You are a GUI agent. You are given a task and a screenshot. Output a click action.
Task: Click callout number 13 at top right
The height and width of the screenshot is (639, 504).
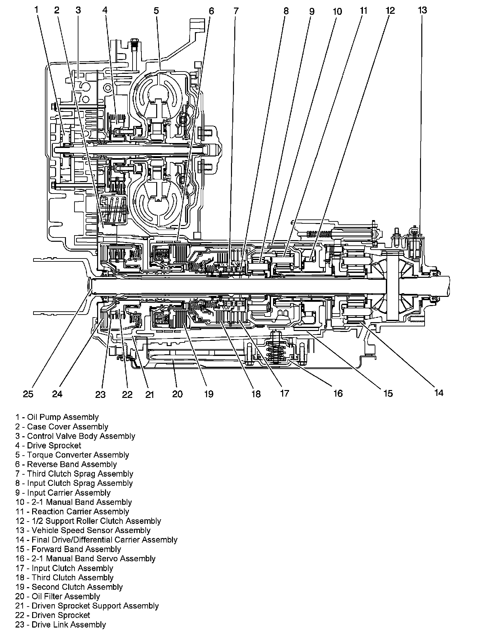point(422,10)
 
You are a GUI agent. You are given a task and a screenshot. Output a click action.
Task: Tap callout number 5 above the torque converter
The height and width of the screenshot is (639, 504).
point(156,11)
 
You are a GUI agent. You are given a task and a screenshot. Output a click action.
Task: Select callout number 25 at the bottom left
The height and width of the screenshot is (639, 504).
point(28,394)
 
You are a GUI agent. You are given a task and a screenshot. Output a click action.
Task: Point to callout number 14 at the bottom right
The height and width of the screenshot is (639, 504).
point(438,393)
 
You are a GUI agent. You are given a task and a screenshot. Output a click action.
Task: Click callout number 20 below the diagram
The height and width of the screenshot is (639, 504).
point(177,394)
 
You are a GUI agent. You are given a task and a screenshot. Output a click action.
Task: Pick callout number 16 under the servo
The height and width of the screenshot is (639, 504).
point(338,393)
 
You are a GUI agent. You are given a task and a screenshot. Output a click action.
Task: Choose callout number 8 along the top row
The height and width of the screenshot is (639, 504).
point(286,11)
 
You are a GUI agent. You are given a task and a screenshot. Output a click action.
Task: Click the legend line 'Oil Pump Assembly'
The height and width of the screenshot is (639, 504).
point(57,417)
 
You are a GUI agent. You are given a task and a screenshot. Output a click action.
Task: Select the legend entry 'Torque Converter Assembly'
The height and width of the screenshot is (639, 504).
point(72,455)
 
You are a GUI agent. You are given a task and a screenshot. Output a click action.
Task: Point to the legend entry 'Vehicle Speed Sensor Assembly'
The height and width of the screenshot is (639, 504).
point(83,530)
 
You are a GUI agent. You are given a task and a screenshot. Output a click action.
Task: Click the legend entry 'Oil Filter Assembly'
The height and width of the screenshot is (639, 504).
point(57,597)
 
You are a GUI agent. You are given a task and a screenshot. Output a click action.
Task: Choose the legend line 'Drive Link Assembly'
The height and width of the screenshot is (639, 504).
point(60,625)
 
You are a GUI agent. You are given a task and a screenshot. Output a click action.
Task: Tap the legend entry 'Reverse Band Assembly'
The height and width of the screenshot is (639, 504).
point(66,464)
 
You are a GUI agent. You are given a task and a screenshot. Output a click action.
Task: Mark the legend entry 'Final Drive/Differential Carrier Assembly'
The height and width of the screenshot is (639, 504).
point(96,540)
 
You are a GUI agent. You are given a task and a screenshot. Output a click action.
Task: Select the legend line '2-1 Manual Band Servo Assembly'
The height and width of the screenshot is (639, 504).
point(85,559)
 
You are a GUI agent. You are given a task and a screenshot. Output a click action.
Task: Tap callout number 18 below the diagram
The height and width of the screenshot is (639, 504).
point(256,394)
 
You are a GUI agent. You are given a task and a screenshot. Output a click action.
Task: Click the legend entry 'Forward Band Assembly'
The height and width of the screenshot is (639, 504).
point(68,549)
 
